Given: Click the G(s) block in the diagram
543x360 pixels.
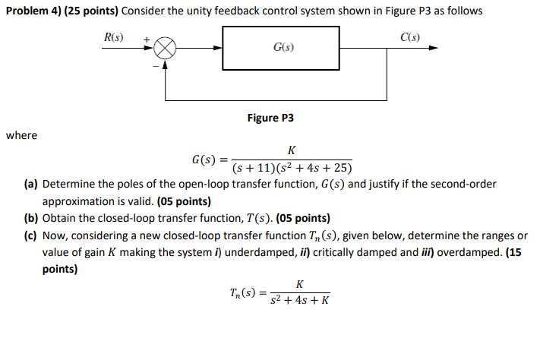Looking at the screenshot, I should [283, 47].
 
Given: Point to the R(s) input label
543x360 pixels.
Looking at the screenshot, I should [115, 36].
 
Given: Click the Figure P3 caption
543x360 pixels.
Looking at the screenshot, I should [270, 118].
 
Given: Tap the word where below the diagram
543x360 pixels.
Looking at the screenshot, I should [21, 135].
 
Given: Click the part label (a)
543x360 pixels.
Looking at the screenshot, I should [30, 185].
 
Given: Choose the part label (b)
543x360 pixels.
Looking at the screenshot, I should [31, 218].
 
